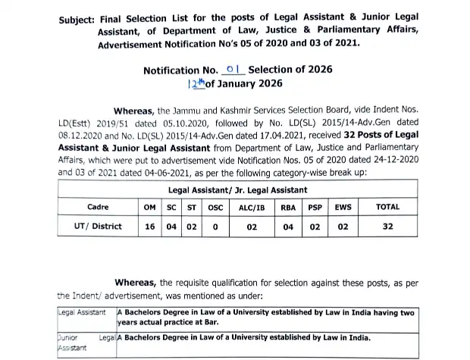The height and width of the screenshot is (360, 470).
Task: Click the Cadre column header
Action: pos(98,205)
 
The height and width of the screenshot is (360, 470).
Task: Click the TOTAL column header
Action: pos(387,205)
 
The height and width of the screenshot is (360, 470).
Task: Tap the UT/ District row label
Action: pos(99,226)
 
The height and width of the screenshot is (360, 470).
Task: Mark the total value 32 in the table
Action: pos(387,226)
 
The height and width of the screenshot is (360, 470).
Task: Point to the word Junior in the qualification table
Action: pos(71,339)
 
